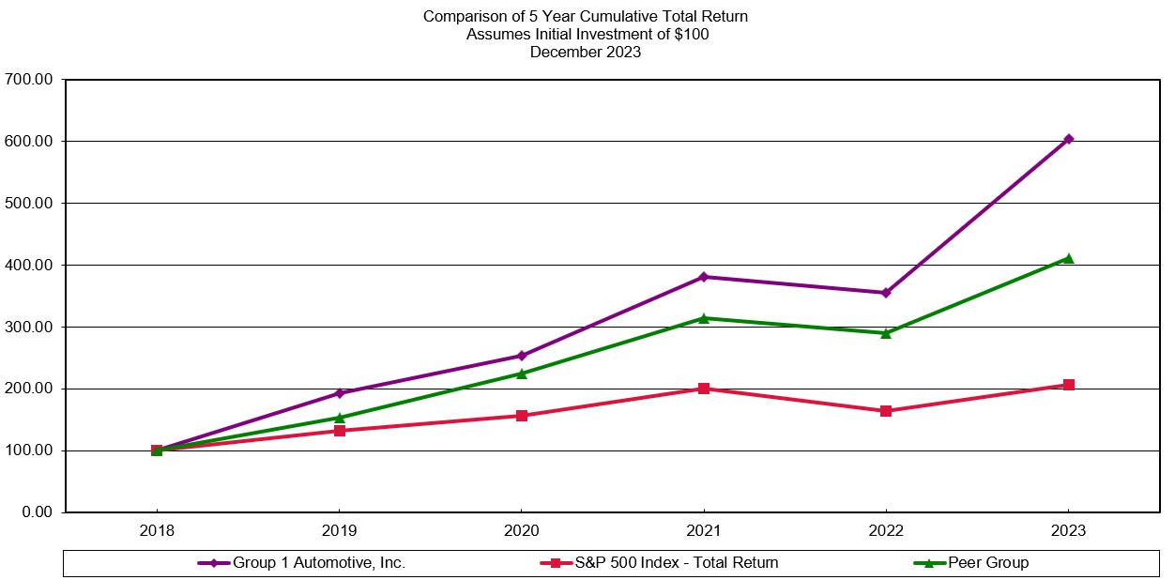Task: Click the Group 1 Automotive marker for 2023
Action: (x=1068, y=139)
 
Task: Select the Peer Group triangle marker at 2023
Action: (x=1068, y=257)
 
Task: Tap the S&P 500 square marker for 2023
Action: (x=1068, y=385)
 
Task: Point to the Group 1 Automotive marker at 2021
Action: (x=704, y=277)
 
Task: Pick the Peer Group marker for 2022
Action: (x=886, y=332)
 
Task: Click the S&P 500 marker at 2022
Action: (x=886, y=411)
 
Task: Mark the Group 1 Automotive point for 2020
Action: (x=522, y=356)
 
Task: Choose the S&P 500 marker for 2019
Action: (x=340, y=431)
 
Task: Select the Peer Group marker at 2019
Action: (x=340, y=418)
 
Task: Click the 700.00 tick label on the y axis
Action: (x=30, y=80)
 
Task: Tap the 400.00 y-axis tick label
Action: (x=30, y=266)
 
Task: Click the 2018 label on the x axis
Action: (x=157, y=531)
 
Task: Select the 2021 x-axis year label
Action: (x=704, y=531)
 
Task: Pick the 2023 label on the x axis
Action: (x=1068, y=531)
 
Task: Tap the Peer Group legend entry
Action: (x=987, y=563)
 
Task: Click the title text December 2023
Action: (x=586, y=53)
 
